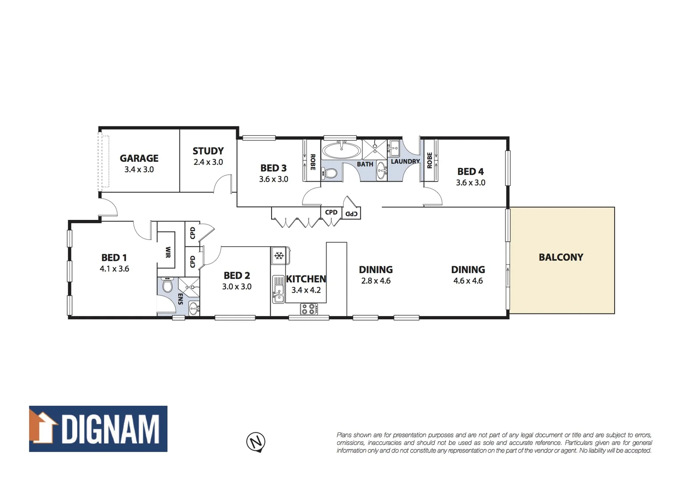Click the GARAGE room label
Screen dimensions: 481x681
[x=139, y=158]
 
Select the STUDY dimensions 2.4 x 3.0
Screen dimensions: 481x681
[x=208, y=162]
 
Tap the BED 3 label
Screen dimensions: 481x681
[x=273, y=168]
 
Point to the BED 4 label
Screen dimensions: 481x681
[x=470, y=171]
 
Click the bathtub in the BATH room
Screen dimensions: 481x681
[x=342, y=151]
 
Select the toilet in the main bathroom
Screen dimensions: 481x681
[x=330, y=173]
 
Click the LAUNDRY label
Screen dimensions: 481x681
[x=405, y=161]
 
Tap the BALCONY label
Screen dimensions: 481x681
[x=561, y=257]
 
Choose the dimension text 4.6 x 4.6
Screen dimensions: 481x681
[x=468, y=281]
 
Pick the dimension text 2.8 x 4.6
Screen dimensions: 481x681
[x=376, y=281]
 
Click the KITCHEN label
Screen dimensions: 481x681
[x=306, y=279]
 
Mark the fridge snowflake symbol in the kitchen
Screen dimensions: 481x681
[x=279, y=256]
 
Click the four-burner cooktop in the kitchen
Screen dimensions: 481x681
[x=308, y=309]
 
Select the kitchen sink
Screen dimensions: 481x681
[x=279, y=290]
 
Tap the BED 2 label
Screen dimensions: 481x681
[x=237, y=275]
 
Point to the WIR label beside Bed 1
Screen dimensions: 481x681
[x=168, y=252]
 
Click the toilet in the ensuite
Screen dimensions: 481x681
[x=168, y=285]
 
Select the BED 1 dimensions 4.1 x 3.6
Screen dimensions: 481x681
[x=114, y=269]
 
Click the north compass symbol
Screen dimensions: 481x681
[x=256, y=442]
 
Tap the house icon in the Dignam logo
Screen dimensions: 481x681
[x=43, y=427]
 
